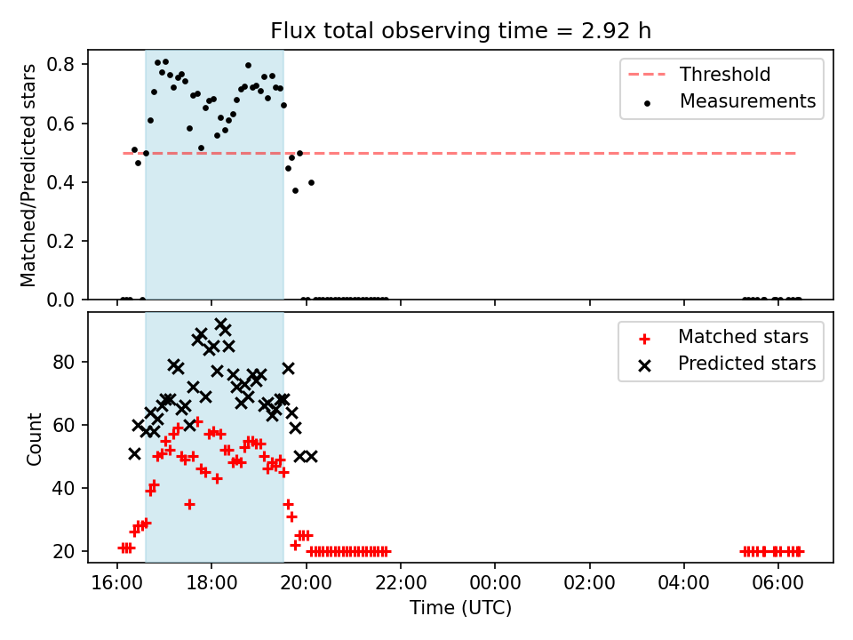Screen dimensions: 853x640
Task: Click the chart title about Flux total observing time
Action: click(461, 31)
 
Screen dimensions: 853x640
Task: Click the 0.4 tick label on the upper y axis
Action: click(60, 182)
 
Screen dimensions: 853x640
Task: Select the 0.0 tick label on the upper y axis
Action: click(60, 300)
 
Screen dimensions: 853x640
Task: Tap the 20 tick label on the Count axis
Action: click(63, 551)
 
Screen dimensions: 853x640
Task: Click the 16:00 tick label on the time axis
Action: click(117, 583)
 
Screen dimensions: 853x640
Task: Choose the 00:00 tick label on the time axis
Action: click(495, 583)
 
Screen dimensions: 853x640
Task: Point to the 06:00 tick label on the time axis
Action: click(778, 583)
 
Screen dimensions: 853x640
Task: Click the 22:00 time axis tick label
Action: click(401, 583)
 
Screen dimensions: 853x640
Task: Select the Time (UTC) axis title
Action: click(461, 608)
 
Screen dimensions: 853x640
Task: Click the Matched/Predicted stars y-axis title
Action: click(28, 175)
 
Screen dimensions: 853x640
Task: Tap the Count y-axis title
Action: click(35, 439)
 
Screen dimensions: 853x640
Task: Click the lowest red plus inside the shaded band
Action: click(189, 505)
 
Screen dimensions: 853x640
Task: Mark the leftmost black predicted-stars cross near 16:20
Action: click(134, 454)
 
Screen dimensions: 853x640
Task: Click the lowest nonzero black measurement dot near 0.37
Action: click(295, 190)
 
